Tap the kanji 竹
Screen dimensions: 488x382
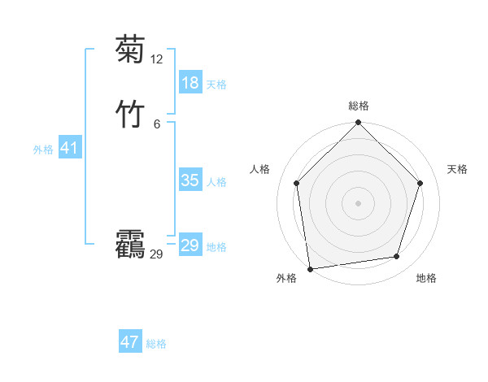131,113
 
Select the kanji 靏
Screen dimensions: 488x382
131,244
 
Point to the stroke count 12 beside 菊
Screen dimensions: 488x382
156,59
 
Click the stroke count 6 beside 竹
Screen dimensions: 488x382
157,124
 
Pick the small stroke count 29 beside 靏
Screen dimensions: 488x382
156,254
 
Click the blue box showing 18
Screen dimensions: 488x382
190,82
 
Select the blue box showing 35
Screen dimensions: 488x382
190,180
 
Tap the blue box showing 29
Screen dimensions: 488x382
190,245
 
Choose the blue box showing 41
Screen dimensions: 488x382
69,147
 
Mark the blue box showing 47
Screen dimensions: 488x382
130,342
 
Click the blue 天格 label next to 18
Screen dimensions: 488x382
216,84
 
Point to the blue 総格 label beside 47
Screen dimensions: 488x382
156,344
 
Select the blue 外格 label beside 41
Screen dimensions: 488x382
43,149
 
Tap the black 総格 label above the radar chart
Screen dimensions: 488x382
359,106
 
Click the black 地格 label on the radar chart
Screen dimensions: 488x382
426,278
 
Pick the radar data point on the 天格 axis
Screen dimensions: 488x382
420,183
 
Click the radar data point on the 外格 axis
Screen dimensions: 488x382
310,268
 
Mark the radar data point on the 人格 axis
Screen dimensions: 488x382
296,183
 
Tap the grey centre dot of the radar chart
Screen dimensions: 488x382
359,202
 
